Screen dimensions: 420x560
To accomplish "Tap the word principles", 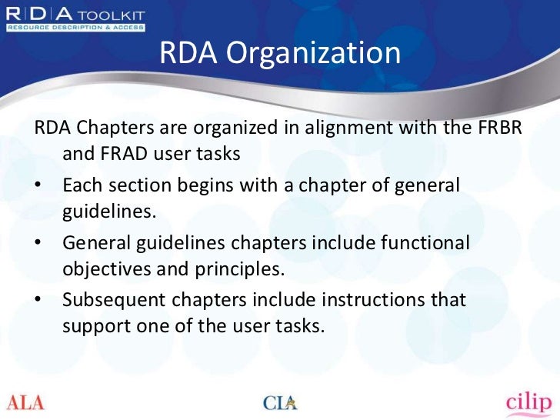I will (x=240, y=270).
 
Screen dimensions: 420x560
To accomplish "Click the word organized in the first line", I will (x=228, y=128).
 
